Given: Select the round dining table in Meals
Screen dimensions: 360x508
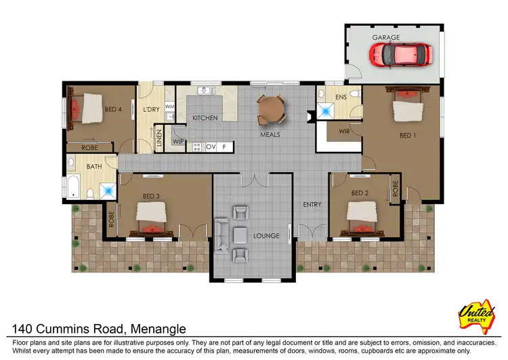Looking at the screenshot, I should tap(271, 108).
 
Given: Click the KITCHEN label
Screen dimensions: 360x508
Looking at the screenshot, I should tap(205, 118).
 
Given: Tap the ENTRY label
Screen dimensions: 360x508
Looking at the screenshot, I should tap(312, 204).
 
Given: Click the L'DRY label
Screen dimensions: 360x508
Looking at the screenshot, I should tap(150, 110).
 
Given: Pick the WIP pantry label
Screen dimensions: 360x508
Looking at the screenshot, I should tap(177, 142).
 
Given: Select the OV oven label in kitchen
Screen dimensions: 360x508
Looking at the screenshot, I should tap(211, 146).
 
